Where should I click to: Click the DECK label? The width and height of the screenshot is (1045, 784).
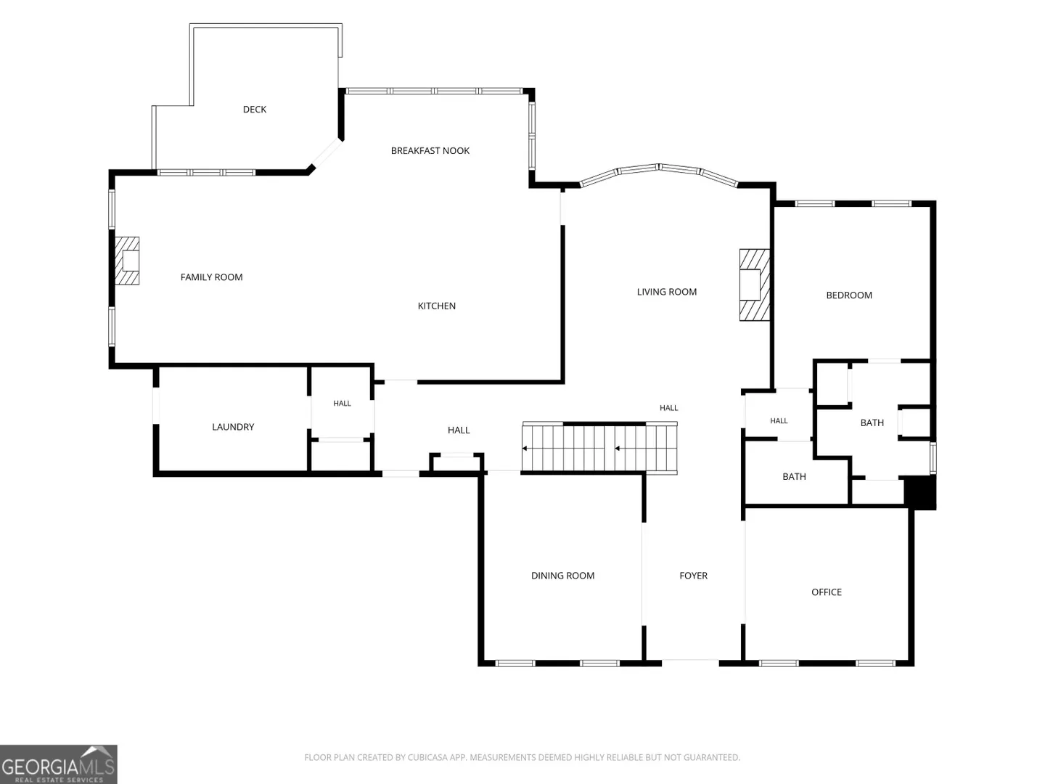tap(255, 110)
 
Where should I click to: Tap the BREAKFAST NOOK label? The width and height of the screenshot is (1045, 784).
tap(430, 151)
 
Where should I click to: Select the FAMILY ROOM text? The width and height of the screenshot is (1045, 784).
tap(211, 277)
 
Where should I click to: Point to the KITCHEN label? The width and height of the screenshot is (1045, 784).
tap(437, 306)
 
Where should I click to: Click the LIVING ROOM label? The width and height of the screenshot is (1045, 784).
tap(666, 292)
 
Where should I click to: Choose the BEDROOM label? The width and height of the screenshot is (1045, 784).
tap(849, 295)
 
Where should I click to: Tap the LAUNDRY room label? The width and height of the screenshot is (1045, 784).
tap(233, 427)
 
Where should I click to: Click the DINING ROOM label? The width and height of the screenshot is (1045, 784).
tap(562, 576)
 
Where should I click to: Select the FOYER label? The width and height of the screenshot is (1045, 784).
tap(693, 576)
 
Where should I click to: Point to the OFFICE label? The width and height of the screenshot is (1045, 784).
tap(827, 592)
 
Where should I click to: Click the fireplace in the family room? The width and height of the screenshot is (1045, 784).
tap(127, 261)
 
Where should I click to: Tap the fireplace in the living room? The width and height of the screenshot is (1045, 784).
tap(754, 285)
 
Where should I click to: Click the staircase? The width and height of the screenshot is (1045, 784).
tap(599, 448)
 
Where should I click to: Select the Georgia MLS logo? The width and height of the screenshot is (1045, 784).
tap(59, 764)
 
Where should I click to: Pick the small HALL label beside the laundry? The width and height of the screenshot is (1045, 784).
tap(342, 404)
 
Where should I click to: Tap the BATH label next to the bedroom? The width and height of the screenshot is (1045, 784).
tap(872, 422)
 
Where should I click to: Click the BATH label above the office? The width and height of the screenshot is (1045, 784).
tap(794, 476)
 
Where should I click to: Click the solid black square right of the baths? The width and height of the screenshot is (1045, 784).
tap(919, 492)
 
